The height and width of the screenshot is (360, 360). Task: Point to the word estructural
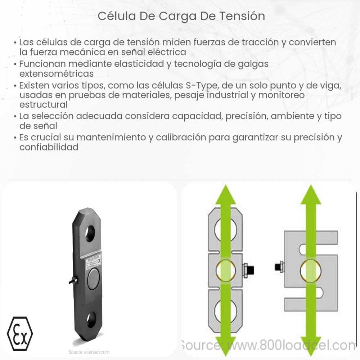click(44, 105)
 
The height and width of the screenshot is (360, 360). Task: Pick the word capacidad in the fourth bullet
click(193, 117)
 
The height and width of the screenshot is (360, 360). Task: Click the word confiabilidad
click(49, 147)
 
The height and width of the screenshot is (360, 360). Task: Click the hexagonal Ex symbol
click(20, 333)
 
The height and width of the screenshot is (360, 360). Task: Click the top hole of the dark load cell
click(90, 233)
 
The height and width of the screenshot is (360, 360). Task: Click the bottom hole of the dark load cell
click(91, 320)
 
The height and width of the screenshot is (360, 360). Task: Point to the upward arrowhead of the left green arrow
click(225, 196)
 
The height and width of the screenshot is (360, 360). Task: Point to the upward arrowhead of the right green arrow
click(310, 196)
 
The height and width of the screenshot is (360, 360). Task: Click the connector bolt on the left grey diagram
click(248, 269)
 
